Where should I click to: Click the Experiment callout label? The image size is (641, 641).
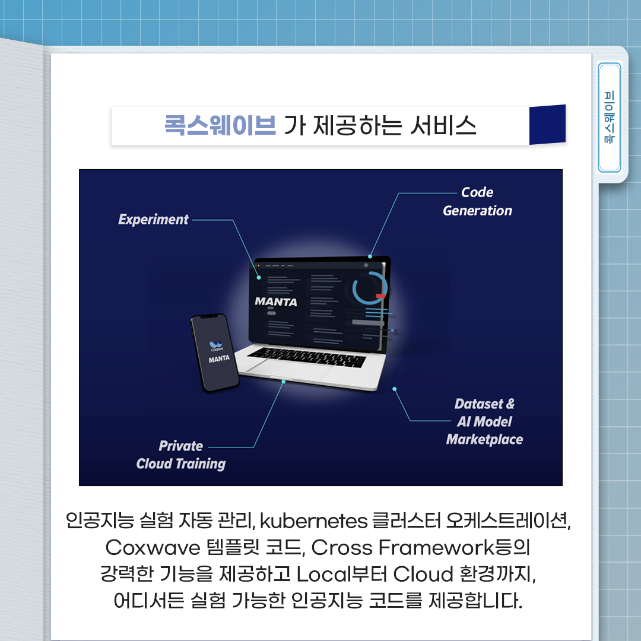(153, 220)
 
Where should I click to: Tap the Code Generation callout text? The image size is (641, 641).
(477, 202)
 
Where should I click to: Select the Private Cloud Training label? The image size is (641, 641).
(181, 455)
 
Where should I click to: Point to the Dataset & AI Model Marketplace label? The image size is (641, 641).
(484, 422)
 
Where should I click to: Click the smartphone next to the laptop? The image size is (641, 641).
(214, 353)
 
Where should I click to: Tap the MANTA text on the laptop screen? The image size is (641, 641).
(276, 302)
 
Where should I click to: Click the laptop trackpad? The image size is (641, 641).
(291, 369)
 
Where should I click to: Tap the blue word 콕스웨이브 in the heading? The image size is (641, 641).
(220, 126)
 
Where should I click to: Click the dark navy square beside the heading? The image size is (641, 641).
(547, 125)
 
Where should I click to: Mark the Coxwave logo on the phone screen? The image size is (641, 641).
(216, 344)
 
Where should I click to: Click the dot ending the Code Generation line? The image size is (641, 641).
(370, 256)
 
